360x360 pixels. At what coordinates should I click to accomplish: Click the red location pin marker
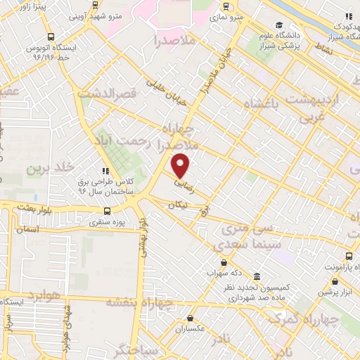point(181,165)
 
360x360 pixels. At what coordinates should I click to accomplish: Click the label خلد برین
point(50,168)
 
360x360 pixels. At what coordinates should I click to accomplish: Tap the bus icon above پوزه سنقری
point(107,210)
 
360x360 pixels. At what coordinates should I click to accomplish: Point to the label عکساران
point(189,328)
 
